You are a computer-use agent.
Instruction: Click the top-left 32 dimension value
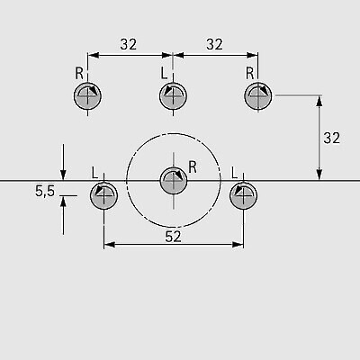tap(129, 44)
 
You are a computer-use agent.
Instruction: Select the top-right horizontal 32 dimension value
tap(214, 44)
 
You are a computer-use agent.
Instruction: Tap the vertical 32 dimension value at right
tap(332, 138)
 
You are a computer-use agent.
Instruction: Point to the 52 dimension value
tap(174, 237)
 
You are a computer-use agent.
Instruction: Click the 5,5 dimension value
tap(45, 191)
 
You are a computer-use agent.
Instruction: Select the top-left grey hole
tap(87, 96)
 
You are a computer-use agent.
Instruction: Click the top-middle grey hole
tap(174, 96)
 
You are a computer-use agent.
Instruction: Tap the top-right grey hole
tap(258, 96)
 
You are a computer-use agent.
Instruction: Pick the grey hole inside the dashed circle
tap(174, 181)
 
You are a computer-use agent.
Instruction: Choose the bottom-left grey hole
tap(103, 195)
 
